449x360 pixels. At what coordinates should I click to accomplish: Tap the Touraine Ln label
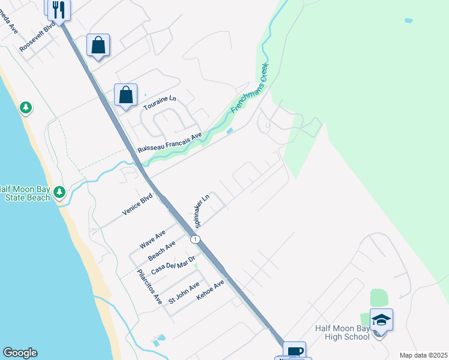coord(160,103)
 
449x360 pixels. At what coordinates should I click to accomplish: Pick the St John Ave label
coord(184,292)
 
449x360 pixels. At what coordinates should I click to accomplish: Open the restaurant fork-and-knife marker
coord(58,9)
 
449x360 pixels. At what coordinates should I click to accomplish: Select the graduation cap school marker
coord(381,319)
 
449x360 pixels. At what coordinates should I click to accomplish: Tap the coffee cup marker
coord(294,352)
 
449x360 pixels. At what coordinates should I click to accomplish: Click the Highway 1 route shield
coord(195,239)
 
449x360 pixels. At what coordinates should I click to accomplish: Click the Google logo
coord(20,353)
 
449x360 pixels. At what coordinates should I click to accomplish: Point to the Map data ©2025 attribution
coord(423,355)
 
